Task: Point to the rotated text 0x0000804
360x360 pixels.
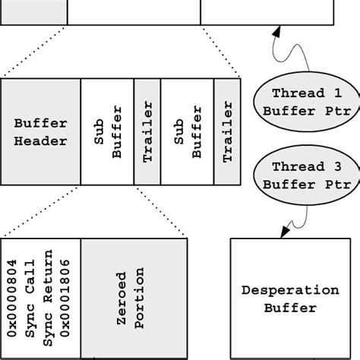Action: [x=14, y=298]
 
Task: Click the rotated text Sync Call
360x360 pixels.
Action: [x=30, y=298]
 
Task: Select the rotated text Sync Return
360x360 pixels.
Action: [x=47, y=298]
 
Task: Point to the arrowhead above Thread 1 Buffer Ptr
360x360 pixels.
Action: [x=277, y=33]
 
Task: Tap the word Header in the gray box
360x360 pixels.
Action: [x=40, y=141]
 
